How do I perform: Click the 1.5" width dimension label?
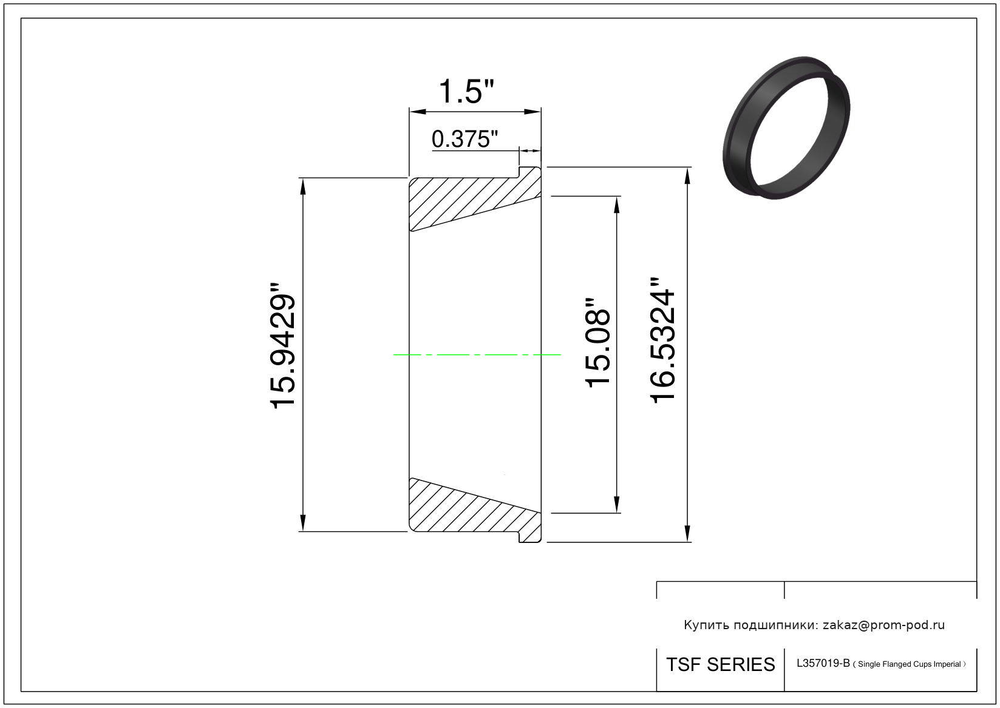click(466, 91)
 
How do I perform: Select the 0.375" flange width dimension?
click(464, 139)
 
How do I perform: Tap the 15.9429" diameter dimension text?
click(283, 345)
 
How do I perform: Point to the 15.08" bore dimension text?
click(597, 343)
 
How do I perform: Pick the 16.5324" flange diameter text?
click(662, 340)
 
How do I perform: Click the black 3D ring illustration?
click(786, 127)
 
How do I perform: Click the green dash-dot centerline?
click(477, 355)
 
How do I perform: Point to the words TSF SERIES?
click(721, 665)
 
